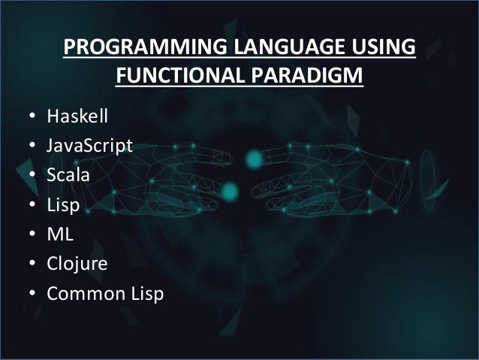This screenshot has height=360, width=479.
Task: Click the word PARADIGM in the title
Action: pos(310,77)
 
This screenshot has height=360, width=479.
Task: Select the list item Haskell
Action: pos(77,117)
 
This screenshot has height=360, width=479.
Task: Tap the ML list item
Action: pos(59,234)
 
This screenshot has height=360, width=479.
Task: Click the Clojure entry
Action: pos(77,264)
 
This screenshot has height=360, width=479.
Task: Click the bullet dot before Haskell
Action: pos(32,118)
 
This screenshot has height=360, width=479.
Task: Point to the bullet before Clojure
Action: pos(32,265)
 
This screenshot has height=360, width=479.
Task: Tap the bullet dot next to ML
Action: pos(32,235)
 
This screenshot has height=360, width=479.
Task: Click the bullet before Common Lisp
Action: pos(32,294)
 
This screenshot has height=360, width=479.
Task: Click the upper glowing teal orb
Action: pos(255,158)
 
